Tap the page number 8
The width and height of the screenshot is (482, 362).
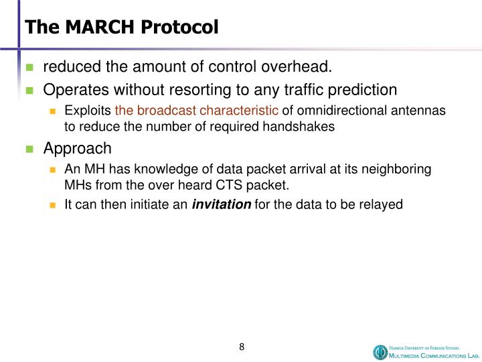(x=242, y=347)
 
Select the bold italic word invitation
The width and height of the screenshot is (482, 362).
(x=222, y=205)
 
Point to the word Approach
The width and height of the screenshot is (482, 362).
(x=78, y=148)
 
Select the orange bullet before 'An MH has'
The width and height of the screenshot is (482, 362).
(x=54, y=170)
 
